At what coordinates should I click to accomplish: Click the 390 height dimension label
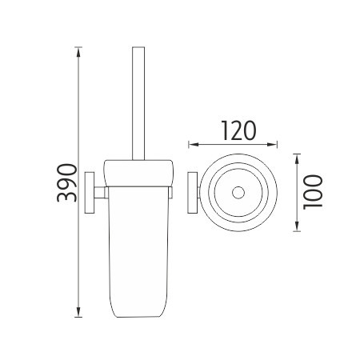pyautogui.click(x=66, y=182)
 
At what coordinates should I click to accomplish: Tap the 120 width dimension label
pyautogui.click(x=238, y=130)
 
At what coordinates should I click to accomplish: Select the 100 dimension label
pyautogui.click(x=313, y=192)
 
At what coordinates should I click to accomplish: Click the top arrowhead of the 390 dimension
pyautogui.click(x=78, y=52)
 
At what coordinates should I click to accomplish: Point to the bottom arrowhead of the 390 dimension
pyautogui.click(x=78, y=312)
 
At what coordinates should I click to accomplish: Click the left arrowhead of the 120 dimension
pyautogui.click(x=194, y=145)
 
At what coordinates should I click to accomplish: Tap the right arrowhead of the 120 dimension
pyautogui.click(x=272, y=145)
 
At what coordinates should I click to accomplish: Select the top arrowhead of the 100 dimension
pyautogui.click(x=297, y=159)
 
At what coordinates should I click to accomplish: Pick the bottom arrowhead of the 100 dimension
pyautogui.click(x=297, y=226)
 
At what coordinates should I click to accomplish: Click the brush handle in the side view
pyautogui.click(x=138, y=103)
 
